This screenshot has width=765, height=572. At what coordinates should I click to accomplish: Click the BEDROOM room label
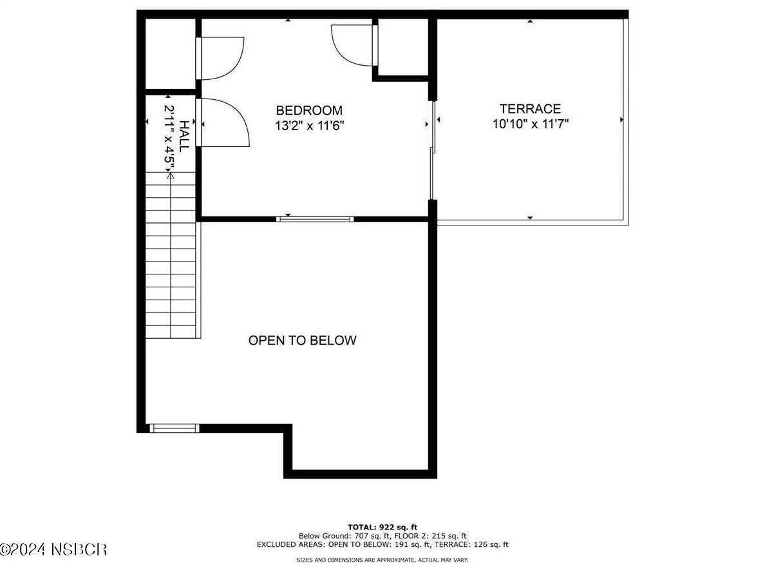[x=309, y=110]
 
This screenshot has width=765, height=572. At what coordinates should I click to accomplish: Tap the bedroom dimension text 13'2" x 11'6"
[x=309, y=126]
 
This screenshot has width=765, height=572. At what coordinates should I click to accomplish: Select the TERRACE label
[x=530, y=109]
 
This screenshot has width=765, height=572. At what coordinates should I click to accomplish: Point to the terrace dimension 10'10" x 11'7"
[x=530, y=124]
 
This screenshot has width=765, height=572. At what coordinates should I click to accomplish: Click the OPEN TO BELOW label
[x=302, y=340]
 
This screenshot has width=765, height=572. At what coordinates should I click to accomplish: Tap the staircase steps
[x=171, y=258]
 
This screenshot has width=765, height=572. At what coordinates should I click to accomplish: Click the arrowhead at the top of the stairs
[x=171, y=174]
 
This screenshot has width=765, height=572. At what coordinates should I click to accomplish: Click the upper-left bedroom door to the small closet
[x=221, y=58]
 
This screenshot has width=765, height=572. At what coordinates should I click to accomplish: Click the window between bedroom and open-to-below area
[x=315, y=219]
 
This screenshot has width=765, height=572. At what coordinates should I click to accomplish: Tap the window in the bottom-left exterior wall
[x=174, y=428]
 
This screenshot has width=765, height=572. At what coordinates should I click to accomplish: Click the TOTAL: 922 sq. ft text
[x=382, y=527]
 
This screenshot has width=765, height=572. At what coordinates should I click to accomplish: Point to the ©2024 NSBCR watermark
[x=53, y=549]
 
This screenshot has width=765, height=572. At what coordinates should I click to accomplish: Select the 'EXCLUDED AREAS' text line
[x=382, y=544]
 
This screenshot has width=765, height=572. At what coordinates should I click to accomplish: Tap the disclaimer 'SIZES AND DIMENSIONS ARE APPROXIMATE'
[x=382, y=560]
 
